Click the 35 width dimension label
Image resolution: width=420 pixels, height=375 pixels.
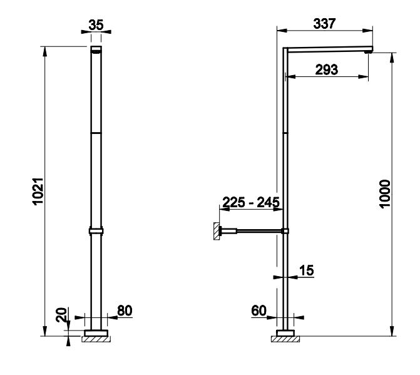pos(96,25)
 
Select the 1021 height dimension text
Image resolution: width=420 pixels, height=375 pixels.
pos(38,191)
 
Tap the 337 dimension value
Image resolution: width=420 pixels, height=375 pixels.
pos(324,24)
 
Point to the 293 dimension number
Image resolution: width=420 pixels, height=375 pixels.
pos(327,69)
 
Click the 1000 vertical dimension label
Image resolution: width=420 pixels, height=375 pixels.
pos(385,193)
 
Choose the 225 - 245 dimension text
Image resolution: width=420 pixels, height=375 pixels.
pos(251,202)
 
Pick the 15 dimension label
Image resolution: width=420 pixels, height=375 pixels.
pos(307,270)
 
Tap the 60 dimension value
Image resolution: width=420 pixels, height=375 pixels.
pos(259,311)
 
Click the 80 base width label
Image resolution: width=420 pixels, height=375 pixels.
pos(125,311)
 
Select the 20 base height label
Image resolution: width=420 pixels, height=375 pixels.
pos(61,315)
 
